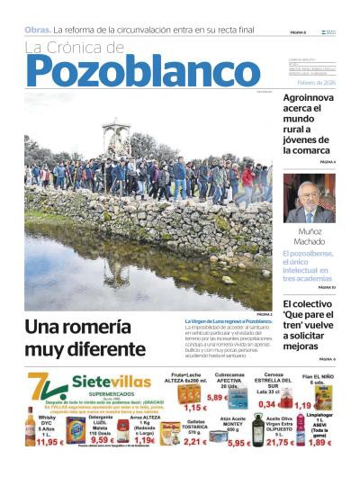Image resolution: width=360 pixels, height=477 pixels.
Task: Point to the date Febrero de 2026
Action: pyautogui.click(x=315, y=81)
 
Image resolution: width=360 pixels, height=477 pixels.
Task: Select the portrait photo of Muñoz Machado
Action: pyautogui.click(x=309, y=198)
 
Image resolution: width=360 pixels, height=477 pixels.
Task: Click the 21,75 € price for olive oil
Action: pyautogui.click(x=279, y=442)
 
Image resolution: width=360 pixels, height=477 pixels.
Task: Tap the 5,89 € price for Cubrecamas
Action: pyautogui.click(x=217, y=396)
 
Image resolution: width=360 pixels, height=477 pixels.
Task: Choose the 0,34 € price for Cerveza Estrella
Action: pyautogui.click(x=266, y=403)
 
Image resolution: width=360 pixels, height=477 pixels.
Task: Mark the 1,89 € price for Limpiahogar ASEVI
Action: pyautogui.click(x=321, y=442)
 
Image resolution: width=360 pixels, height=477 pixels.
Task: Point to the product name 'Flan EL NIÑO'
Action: pyautogui.click(x=319, y=378)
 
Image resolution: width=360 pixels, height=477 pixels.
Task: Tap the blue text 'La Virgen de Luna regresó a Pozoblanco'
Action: pyautogui.click(x=229, y=321)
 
